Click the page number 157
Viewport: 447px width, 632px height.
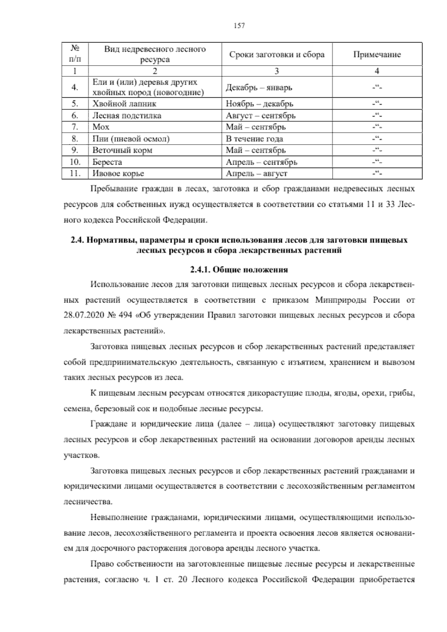point(239,26)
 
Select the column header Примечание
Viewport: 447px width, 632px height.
point(377,55)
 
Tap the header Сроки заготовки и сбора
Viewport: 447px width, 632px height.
point(277,55)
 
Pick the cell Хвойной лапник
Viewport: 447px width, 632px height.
point(124,104)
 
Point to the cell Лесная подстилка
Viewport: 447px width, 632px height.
point(127,116)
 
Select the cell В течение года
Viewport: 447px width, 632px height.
point(254,139)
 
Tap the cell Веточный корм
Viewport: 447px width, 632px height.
point(122,151)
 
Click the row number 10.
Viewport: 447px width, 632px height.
point(75,162)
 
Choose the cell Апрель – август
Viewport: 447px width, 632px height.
point(257,174)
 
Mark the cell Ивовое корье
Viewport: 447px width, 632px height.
point(118,174)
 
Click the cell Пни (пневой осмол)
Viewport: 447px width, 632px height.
point(131,139)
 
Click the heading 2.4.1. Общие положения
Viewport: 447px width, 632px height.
point(239,270)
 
